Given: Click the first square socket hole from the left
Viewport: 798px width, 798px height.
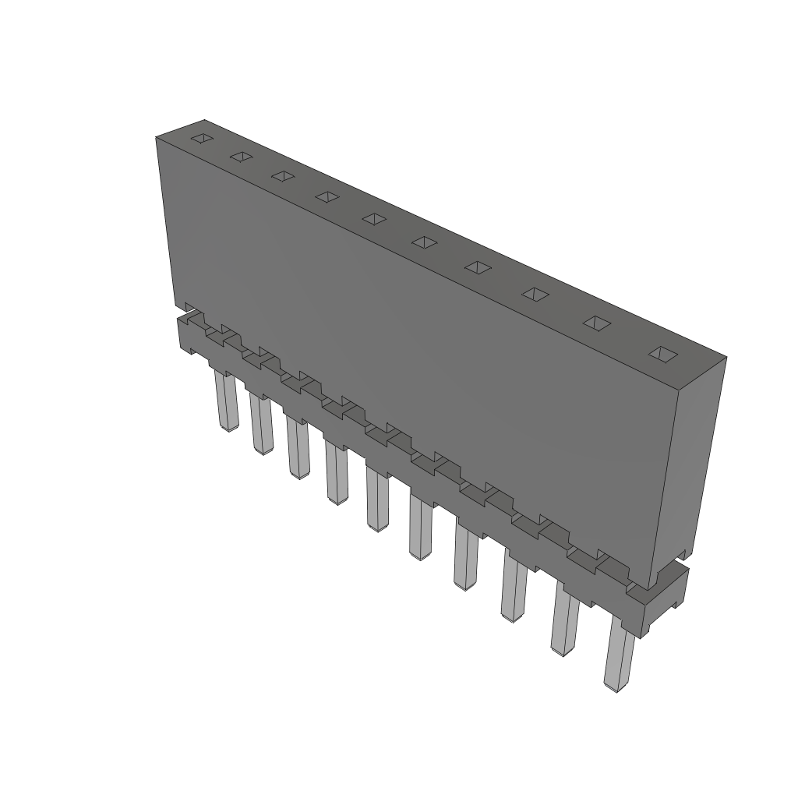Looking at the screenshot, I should (201, 139).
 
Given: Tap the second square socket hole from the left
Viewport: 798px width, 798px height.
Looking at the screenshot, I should (241, 157).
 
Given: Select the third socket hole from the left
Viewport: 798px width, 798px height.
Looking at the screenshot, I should (282, 176).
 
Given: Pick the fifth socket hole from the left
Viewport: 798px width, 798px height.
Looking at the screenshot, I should (374, 219).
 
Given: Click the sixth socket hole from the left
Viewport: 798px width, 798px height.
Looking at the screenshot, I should (425, 242).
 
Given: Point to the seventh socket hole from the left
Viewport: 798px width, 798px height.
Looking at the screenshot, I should (478, 267).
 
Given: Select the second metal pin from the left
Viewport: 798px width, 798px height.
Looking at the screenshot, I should (261, 424).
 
